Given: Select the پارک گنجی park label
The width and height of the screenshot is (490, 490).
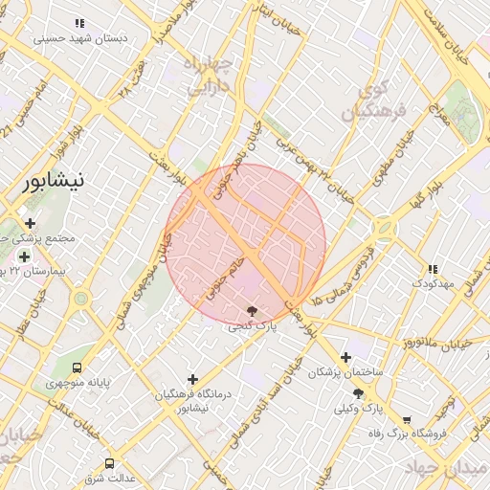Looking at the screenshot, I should [x=252, y=326].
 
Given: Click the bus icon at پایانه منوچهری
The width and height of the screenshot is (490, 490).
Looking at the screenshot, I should [x=78, y=367].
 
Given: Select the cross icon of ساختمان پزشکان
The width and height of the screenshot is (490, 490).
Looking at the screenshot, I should [x=345, y=357].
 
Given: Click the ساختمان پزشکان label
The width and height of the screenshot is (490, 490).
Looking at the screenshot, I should [x=345, y=372].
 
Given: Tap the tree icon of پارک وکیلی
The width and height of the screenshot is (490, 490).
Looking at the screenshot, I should [x=358, y=393].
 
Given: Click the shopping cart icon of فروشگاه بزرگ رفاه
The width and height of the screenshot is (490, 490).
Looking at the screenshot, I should [x=407, y=419].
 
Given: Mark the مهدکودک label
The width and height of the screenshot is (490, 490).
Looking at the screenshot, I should [x=434, y=284].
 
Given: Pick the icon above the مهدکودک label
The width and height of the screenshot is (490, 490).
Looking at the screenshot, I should [x=433, y=269].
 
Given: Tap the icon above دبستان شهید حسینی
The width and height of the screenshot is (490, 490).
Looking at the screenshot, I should [x=79, y=23].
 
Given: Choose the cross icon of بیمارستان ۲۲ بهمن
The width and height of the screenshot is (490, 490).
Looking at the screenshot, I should [x=24, y=256].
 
